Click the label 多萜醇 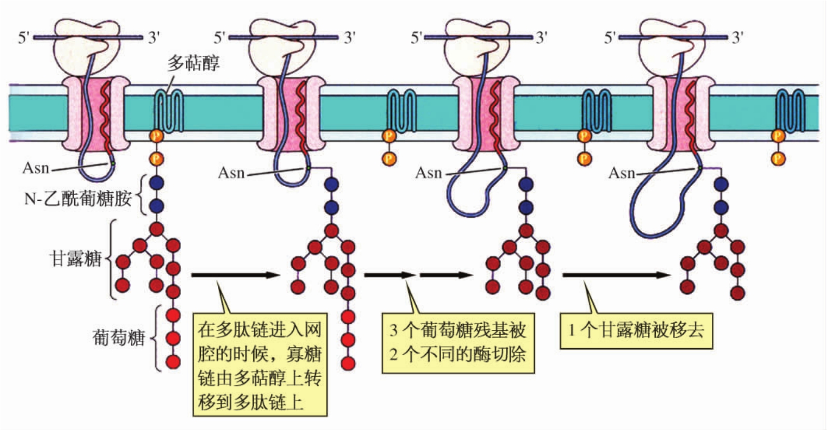tap(194, 63)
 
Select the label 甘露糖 tap(75, 258)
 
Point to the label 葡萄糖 tap(118, 338)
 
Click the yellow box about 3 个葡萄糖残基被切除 tap(458, 343)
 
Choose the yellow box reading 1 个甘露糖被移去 tap(636, 330)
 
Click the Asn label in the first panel tap(36, 168)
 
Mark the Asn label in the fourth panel tap(622, 173)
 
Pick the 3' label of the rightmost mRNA tap(738, 37)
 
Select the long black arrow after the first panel tap(236, 275)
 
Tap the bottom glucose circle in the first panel tap(173, 362)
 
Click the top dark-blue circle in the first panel tap(156, 183)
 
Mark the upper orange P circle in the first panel tap(156, 136)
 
